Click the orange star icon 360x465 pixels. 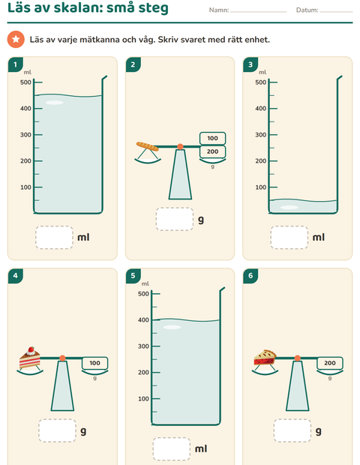pos(16,39)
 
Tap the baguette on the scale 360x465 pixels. pos(148,146)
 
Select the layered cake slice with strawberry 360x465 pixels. pos(30,358)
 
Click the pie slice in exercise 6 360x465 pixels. pos(265,357)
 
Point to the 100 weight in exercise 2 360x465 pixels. pos(212,138)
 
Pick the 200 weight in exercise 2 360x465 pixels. pos(212,151)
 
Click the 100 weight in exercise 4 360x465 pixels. pos(95,363)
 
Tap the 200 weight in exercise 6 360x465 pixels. pos(330,363)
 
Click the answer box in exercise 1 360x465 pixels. pos(54,238)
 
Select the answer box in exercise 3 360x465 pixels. pos(289,238)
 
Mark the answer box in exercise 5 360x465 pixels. pos(172,449)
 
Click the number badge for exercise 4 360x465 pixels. pos(16,276)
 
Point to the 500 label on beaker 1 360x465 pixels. pos(25,82)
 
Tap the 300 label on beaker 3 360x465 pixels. pos(261,135)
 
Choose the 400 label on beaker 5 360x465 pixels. pos(143,320)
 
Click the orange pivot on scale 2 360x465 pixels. pos(180,146)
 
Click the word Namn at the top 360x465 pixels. pos(219,10)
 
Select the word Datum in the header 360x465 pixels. pos(307,10)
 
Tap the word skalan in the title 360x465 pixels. pos(78,7)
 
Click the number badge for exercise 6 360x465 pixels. pos(250,276)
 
